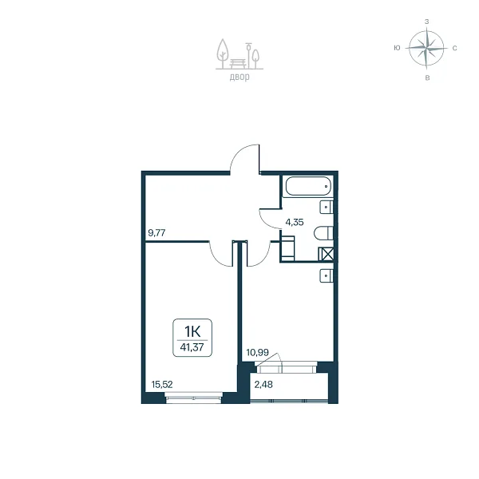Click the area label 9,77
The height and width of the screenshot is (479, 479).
click(x=156, y=233)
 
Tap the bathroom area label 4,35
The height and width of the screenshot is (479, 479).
click(x=295, y=222)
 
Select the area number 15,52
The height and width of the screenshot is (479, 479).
click(x=162, y=384)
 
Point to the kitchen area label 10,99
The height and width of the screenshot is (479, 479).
click(x=258, y=353)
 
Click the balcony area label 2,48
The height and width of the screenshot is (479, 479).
click(x=263, y=384)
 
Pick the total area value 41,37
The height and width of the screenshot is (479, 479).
click(x=192, y=347)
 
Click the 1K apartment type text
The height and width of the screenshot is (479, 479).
click(x=192, y=331)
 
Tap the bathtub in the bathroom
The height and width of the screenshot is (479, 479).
click(x=308, y=186)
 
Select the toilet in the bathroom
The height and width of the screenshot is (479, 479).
click(x=323, y=233)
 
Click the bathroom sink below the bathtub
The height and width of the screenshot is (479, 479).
click(x=327, y=207)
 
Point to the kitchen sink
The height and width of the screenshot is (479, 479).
click(x=327, y=275)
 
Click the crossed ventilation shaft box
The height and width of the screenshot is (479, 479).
click(x=326, y=254)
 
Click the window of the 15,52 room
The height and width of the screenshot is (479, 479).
click(x=194, y=398)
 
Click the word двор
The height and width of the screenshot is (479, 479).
click(x=239, y=77)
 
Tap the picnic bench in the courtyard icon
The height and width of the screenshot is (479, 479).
click(x=238, y=63)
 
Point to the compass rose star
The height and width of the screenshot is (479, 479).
click(x=426, y=48)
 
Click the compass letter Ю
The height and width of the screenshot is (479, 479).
click(x=397, y=48)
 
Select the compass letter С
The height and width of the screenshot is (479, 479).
click(x=454, y=48)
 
